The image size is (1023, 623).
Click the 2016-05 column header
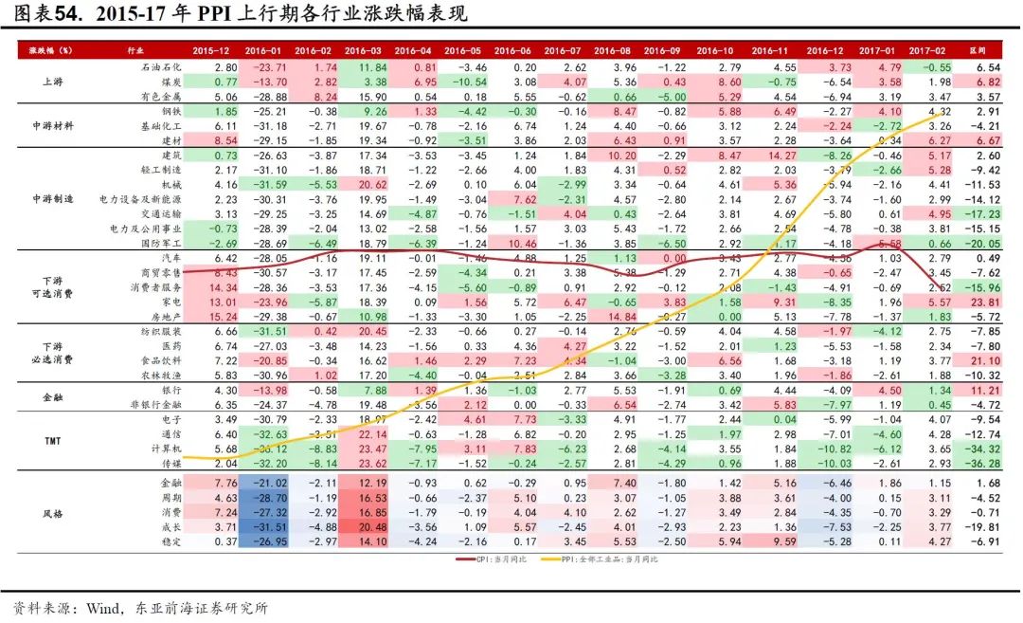(x=461, y=48)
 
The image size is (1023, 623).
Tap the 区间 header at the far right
(x=989, y=48)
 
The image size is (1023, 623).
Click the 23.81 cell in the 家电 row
(x=987, y=302)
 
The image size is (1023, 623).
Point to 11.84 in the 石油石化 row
(x=362, y=68)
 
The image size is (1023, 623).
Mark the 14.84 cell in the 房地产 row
(x=616, y=316)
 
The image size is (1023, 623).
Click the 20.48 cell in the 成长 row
(x=362, y=526)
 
